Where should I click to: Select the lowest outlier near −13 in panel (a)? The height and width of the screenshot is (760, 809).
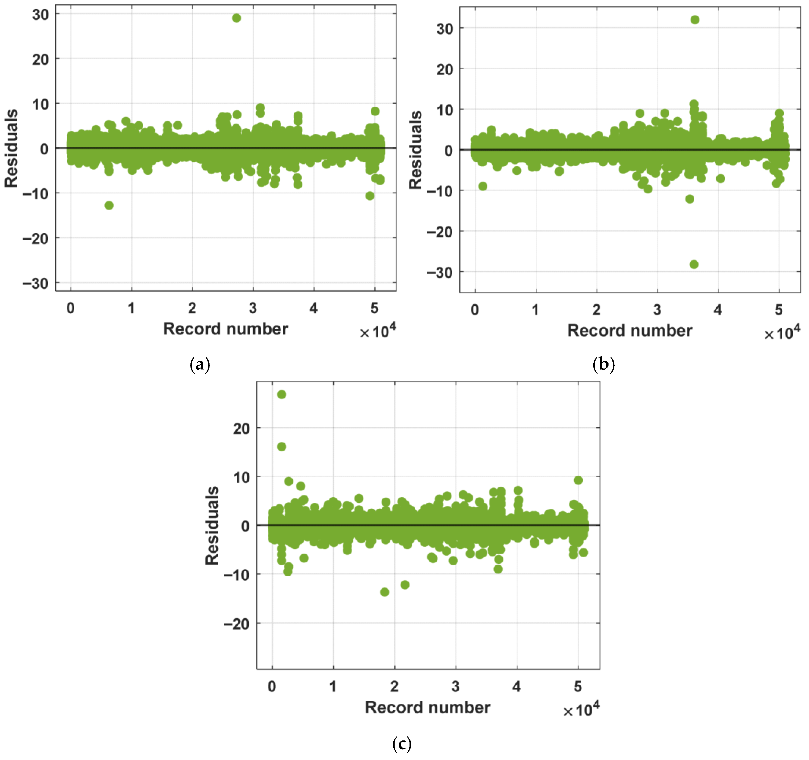[x=109, y=205]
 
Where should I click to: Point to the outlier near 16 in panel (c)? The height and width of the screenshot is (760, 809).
[x=282, y=447]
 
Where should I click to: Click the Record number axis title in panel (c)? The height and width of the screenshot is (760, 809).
[x=428, y=707]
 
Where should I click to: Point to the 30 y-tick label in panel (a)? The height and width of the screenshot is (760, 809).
[x=40, y=15]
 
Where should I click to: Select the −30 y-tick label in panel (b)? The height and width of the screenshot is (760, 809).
[x=440, y=272]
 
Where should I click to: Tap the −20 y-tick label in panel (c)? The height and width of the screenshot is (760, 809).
[x=236, y=624]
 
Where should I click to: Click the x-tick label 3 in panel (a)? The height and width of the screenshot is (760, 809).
[x=253, y=308]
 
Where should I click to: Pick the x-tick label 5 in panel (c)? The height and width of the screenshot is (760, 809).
[x=578, y=687]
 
